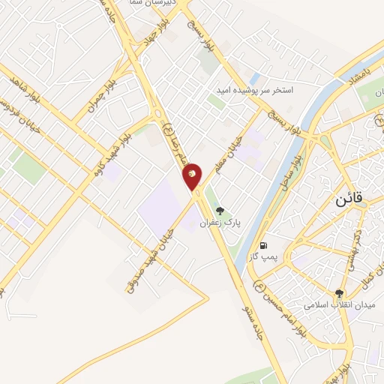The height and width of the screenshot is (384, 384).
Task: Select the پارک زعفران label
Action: click(x=218, y=223)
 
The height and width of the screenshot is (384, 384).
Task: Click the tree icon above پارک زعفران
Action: click(x=219, y=211)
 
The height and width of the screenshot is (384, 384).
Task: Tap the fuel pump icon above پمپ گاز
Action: click(x=262, y=245)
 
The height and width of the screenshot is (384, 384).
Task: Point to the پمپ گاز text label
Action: click(x=263, y=257)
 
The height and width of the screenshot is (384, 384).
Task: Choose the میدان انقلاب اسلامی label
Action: click(x=338, y=305)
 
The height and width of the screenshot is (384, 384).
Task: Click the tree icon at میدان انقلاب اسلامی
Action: click(x=339, y=293)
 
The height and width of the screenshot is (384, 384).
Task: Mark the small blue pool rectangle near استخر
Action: click(x=255, y=78)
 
